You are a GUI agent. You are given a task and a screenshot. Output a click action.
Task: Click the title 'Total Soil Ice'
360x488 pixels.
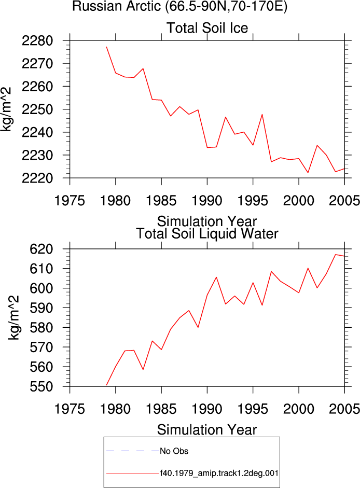pos(207,27)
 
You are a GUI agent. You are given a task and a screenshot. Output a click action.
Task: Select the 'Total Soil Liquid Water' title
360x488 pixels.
pos(207,233)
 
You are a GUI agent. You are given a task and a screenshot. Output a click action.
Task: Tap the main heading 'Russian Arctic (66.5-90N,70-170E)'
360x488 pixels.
pos(179,6)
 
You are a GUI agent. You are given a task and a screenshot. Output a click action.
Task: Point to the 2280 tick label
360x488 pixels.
pos(37,40)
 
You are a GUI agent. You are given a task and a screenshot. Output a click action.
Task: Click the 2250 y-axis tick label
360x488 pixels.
pos(37,109)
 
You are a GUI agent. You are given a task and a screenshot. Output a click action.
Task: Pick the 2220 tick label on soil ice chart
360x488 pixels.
pos(37,178)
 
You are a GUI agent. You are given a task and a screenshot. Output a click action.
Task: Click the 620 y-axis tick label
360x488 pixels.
pos(41,249)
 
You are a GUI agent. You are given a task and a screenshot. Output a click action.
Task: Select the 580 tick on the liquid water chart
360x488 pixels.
pos(41,327)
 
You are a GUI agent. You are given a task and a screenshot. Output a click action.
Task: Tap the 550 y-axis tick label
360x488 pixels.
pos(41,386)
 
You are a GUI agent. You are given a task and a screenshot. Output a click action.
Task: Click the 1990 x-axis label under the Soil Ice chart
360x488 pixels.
pos(207,200)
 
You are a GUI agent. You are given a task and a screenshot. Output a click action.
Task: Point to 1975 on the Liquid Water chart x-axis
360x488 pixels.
pos(70,409)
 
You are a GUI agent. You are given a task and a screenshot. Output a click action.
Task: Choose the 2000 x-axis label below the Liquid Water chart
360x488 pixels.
pos(299,409)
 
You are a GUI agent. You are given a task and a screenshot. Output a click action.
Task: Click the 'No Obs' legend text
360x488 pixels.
pos(174,451)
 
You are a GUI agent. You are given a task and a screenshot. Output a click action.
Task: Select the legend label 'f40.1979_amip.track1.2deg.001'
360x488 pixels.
pos(219,473)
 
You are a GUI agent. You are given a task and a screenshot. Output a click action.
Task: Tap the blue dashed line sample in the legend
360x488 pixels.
pos(133,451)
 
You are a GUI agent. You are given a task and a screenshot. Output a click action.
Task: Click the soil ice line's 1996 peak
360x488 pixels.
pos(262,115)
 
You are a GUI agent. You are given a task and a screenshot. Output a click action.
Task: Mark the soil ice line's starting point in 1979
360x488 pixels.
pos(106,47)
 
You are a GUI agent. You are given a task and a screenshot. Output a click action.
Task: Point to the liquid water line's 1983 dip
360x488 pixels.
pos(143,369)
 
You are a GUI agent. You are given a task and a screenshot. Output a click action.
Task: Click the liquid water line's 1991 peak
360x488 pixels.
pos(216,277)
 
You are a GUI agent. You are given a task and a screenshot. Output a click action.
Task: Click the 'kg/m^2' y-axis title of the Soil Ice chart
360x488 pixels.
pos(6,109)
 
